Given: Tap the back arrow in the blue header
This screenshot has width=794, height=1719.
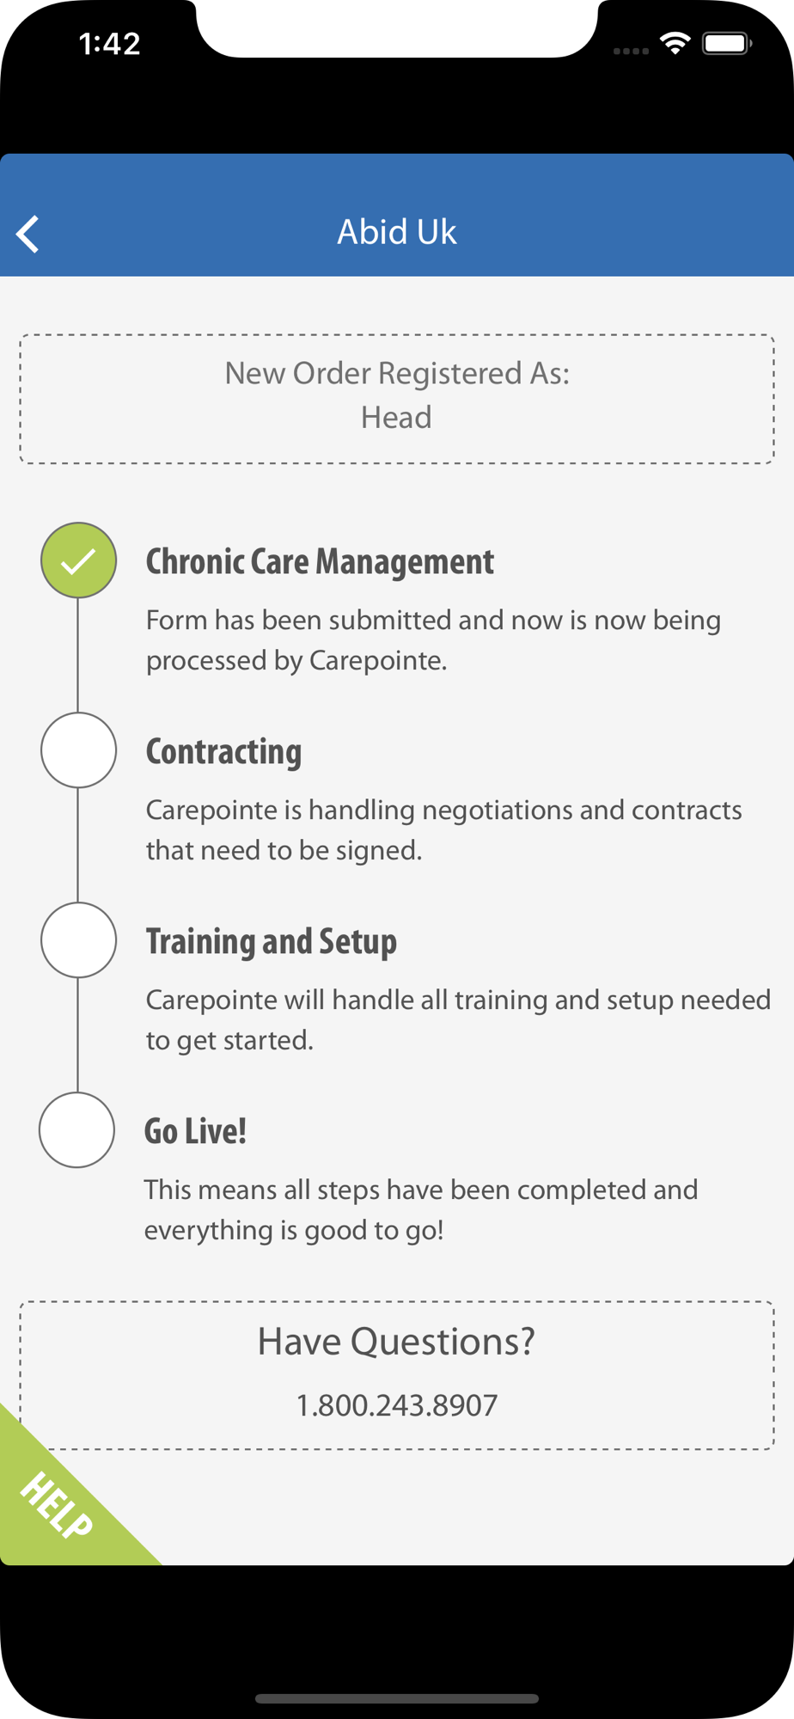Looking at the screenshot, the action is pos(27,234).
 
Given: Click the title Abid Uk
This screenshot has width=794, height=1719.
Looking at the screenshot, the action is pos(396,232).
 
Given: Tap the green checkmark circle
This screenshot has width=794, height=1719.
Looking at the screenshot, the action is pos(78,560).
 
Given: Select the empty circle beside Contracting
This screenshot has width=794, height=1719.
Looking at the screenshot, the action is pos(78,750).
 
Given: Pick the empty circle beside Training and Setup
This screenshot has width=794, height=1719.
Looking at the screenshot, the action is pos(78,940).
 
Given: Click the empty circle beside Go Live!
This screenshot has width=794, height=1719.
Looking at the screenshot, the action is pos(76,1130).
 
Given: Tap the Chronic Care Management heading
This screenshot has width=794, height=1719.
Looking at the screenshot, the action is pos(320,562).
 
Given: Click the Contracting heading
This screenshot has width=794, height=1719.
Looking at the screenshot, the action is pos(223,752).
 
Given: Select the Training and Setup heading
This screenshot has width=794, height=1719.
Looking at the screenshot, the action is pos(272,942).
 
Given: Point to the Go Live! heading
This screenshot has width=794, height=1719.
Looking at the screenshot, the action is pos(195,1131).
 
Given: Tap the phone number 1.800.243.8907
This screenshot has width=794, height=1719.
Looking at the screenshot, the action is pos(397,1405).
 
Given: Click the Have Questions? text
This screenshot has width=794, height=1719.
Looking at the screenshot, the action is pos(396,1342).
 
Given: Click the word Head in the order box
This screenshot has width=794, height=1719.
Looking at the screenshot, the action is pos(396,418).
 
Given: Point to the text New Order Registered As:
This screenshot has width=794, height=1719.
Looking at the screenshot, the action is pos(397,374).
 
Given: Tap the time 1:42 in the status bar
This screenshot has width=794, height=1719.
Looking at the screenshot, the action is pos(109,44).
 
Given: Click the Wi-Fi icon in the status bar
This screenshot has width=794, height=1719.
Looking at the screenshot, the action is pos(675,43).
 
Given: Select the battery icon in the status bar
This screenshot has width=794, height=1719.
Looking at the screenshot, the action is pos(727,43).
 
